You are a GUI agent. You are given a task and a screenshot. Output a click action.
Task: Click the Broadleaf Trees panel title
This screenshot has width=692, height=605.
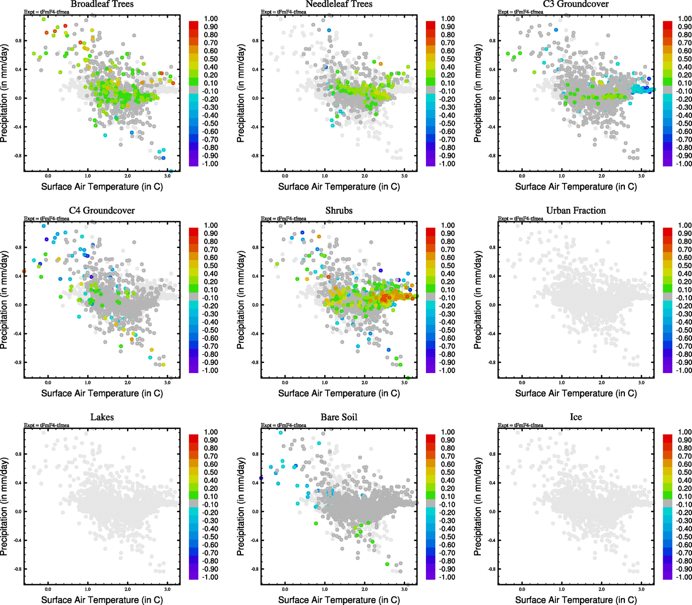(x=102, y=4)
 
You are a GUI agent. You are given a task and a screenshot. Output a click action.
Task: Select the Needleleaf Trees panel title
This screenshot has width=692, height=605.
(x=339, y=4)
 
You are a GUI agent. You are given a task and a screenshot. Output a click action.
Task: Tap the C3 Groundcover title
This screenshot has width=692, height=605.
(x=576, y=4)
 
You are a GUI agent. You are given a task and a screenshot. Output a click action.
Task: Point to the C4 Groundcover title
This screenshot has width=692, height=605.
(x=102, y=211)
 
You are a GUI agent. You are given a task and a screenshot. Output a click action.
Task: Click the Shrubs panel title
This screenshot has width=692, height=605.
(x=339, y=211)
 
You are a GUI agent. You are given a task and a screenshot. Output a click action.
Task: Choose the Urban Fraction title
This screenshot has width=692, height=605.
(x=576, y=211)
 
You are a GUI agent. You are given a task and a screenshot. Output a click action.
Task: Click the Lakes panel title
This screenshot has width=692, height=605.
(x=102, y=417)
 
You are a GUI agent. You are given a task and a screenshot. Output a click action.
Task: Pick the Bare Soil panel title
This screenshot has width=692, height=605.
(x=339, y=417)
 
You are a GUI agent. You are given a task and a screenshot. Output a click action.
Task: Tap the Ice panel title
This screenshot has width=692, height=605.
(x=576, y=417)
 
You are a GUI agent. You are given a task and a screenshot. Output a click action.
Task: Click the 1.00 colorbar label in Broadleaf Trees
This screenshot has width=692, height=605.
(x=211, y=19)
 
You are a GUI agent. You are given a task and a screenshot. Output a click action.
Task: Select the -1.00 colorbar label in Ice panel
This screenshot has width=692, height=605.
(x=683, y=577)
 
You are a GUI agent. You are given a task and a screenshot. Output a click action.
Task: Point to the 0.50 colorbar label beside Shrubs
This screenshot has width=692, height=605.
(x=448, y=266)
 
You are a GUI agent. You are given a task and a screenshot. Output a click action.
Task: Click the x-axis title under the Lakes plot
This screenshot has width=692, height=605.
(x=102, y=600)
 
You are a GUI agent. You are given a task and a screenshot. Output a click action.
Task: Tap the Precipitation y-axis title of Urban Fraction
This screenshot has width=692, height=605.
(x=478, y=300)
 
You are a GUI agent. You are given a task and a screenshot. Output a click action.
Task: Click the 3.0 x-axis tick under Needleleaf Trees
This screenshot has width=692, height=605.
(x=404, y=176)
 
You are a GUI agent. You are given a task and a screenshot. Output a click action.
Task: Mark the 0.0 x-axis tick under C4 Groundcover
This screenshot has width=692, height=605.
(x=48, y=383)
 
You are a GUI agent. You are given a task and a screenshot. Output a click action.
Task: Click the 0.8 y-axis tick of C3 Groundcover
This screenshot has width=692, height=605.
(x=492, y=41)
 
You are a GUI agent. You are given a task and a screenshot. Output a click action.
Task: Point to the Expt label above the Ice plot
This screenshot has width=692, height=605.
(x=521, y=426)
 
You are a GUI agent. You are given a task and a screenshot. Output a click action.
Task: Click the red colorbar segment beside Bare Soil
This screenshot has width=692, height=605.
(x=430, y=438)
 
